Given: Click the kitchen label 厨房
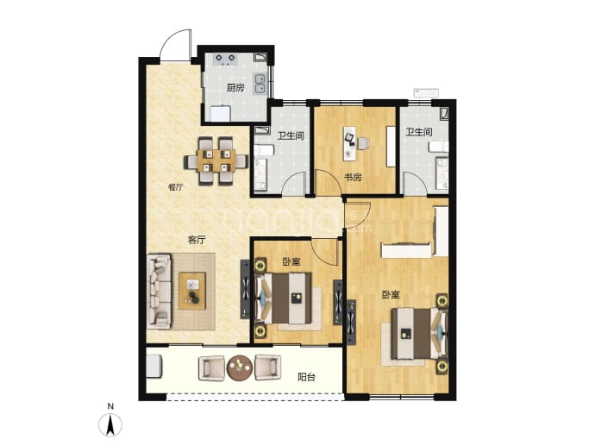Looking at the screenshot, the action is (235, 88).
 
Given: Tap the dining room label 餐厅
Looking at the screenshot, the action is (175, 187).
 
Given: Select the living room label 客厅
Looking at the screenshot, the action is (197, 240).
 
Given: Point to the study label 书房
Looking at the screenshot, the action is (353, 177).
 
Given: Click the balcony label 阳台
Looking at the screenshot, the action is (306, 377).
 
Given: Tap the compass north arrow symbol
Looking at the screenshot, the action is (110, 424).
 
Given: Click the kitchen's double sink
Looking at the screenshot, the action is (260, 84).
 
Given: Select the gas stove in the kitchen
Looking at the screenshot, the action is (225, 60).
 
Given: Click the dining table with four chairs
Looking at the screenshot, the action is (216, 161).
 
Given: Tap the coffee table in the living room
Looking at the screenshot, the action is (192, 291).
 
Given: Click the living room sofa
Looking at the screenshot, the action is (159, 291).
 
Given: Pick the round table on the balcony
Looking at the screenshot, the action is (240, 367).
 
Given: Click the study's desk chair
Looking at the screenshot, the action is (363, 143).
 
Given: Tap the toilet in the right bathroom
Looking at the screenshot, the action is (439, 147).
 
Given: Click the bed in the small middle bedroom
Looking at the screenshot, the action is (284, 298).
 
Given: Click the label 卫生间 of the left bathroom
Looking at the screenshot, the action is (291, 135).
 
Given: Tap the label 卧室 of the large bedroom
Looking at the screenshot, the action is (391, 294).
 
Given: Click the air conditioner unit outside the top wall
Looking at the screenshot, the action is (426, 93).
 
